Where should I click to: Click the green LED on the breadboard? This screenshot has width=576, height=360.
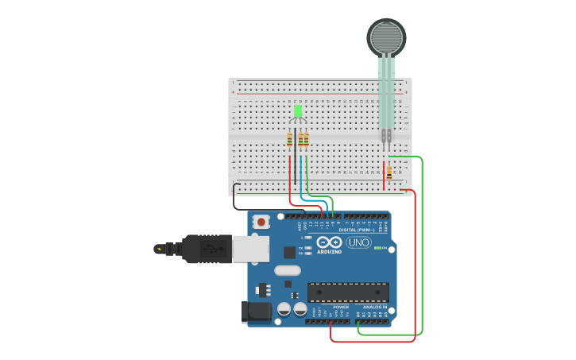coord(298,111)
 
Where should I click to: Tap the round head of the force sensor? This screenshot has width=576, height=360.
coord(386,37)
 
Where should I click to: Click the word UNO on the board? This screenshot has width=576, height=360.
coord(358,242)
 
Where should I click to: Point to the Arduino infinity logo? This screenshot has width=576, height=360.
coord(329,242)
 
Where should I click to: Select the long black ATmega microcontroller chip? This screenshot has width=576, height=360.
coord(348,292)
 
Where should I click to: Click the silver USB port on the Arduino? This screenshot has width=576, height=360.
coord(250,248)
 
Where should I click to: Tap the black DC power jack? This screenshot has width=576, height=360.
coord(256,312)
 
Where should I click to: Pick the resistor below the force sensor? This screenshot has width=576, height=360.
coord(389,172)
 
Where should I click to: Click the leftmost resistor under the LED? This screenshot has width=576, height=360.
coord(290,139)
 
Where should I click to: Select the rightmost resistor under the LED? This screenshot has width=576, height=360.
coord(307,139)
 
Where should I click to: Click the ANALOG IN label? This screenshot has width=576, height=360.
coord(375,307)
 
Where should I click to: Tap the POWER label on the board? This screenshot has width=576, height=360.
coord(340,307)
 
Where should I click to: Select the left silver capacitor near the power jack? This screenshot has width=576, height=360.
coord(284,308)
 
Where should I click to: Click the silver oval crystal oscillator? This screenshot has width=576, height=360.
coord(288,270)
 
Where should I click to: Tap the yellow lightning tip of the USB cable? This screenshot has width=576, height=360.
coord(160,249)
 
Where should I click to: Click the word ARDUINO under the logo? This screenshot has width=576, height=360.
coord(329,252)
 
